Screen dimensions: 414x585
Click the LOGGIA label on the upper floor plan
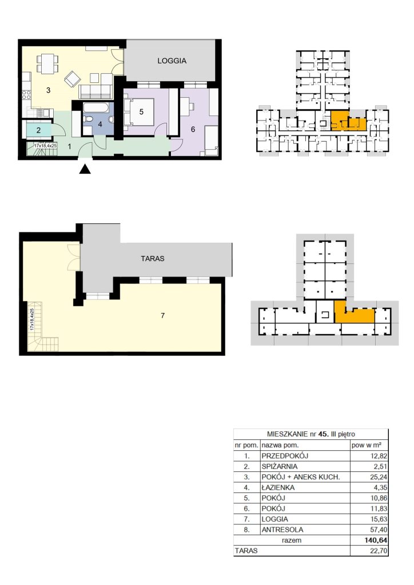[x=172, y=61]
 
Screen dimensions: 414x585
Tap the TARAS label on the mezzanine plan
[x=153, y=258]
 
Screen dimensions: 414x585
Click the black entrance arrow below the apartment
[x=86, y=169]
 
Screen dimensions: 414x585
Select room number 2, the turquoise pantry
[x=38, y=131]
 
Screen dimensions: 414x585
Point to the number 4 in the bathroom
[x=100, y=124]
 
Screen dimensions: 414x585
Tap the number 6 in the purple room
[x=193, y=129]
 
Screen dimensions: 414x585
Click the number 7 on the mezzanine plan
[x=162, y=315]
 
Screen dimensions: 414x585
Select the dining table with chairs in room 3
[x=47, y=64]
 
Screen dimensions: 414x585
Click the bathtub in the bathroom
[x=96, y=108]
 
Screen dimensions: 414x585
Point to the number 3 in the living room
[x=48, y=90]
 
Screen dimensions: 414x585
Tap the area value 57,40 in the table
[x=378, y=530]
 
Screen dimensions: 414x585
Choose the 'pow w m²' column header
[x=366, y=444]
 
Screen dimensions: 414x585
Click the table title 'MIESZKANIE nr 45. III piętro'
[x=311, y=434]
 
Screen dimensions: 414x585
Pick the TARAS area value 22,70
[x=378, y=550]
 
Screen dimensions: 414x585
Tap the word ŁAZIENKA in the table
[x=278, y=487]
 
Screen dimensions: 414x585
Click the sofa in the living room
[x=95, y=91]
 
